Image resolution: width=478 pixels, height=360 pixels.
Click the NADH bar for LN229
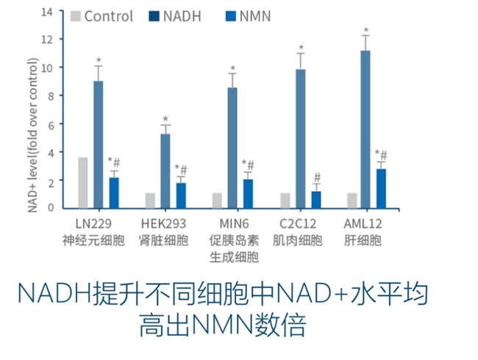pos(98,144)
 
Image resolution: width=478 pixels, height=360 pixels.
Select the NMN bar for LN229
pos(114,192)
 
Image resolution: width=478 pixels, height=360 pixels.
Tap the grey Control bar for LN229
pos(83,182)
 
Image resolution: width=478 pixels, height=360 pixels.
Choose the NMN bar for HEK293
pos(181,195)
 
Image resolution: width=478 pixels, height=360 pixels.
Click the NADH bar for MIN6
pos(232,148)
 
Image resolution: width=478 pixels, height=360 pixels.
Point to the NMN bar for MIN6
pos(248,193)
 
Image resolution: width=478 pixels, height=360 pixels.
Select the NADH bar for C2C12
pos(300,138)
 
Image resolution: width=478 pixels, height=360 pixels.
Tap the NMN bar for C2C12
pos(316,199)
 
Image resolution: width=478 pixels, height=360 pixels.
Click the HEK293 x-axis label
pos(163,223)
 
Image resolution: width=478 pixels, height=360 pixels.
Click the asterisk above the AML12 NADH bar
pos(365,31)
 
